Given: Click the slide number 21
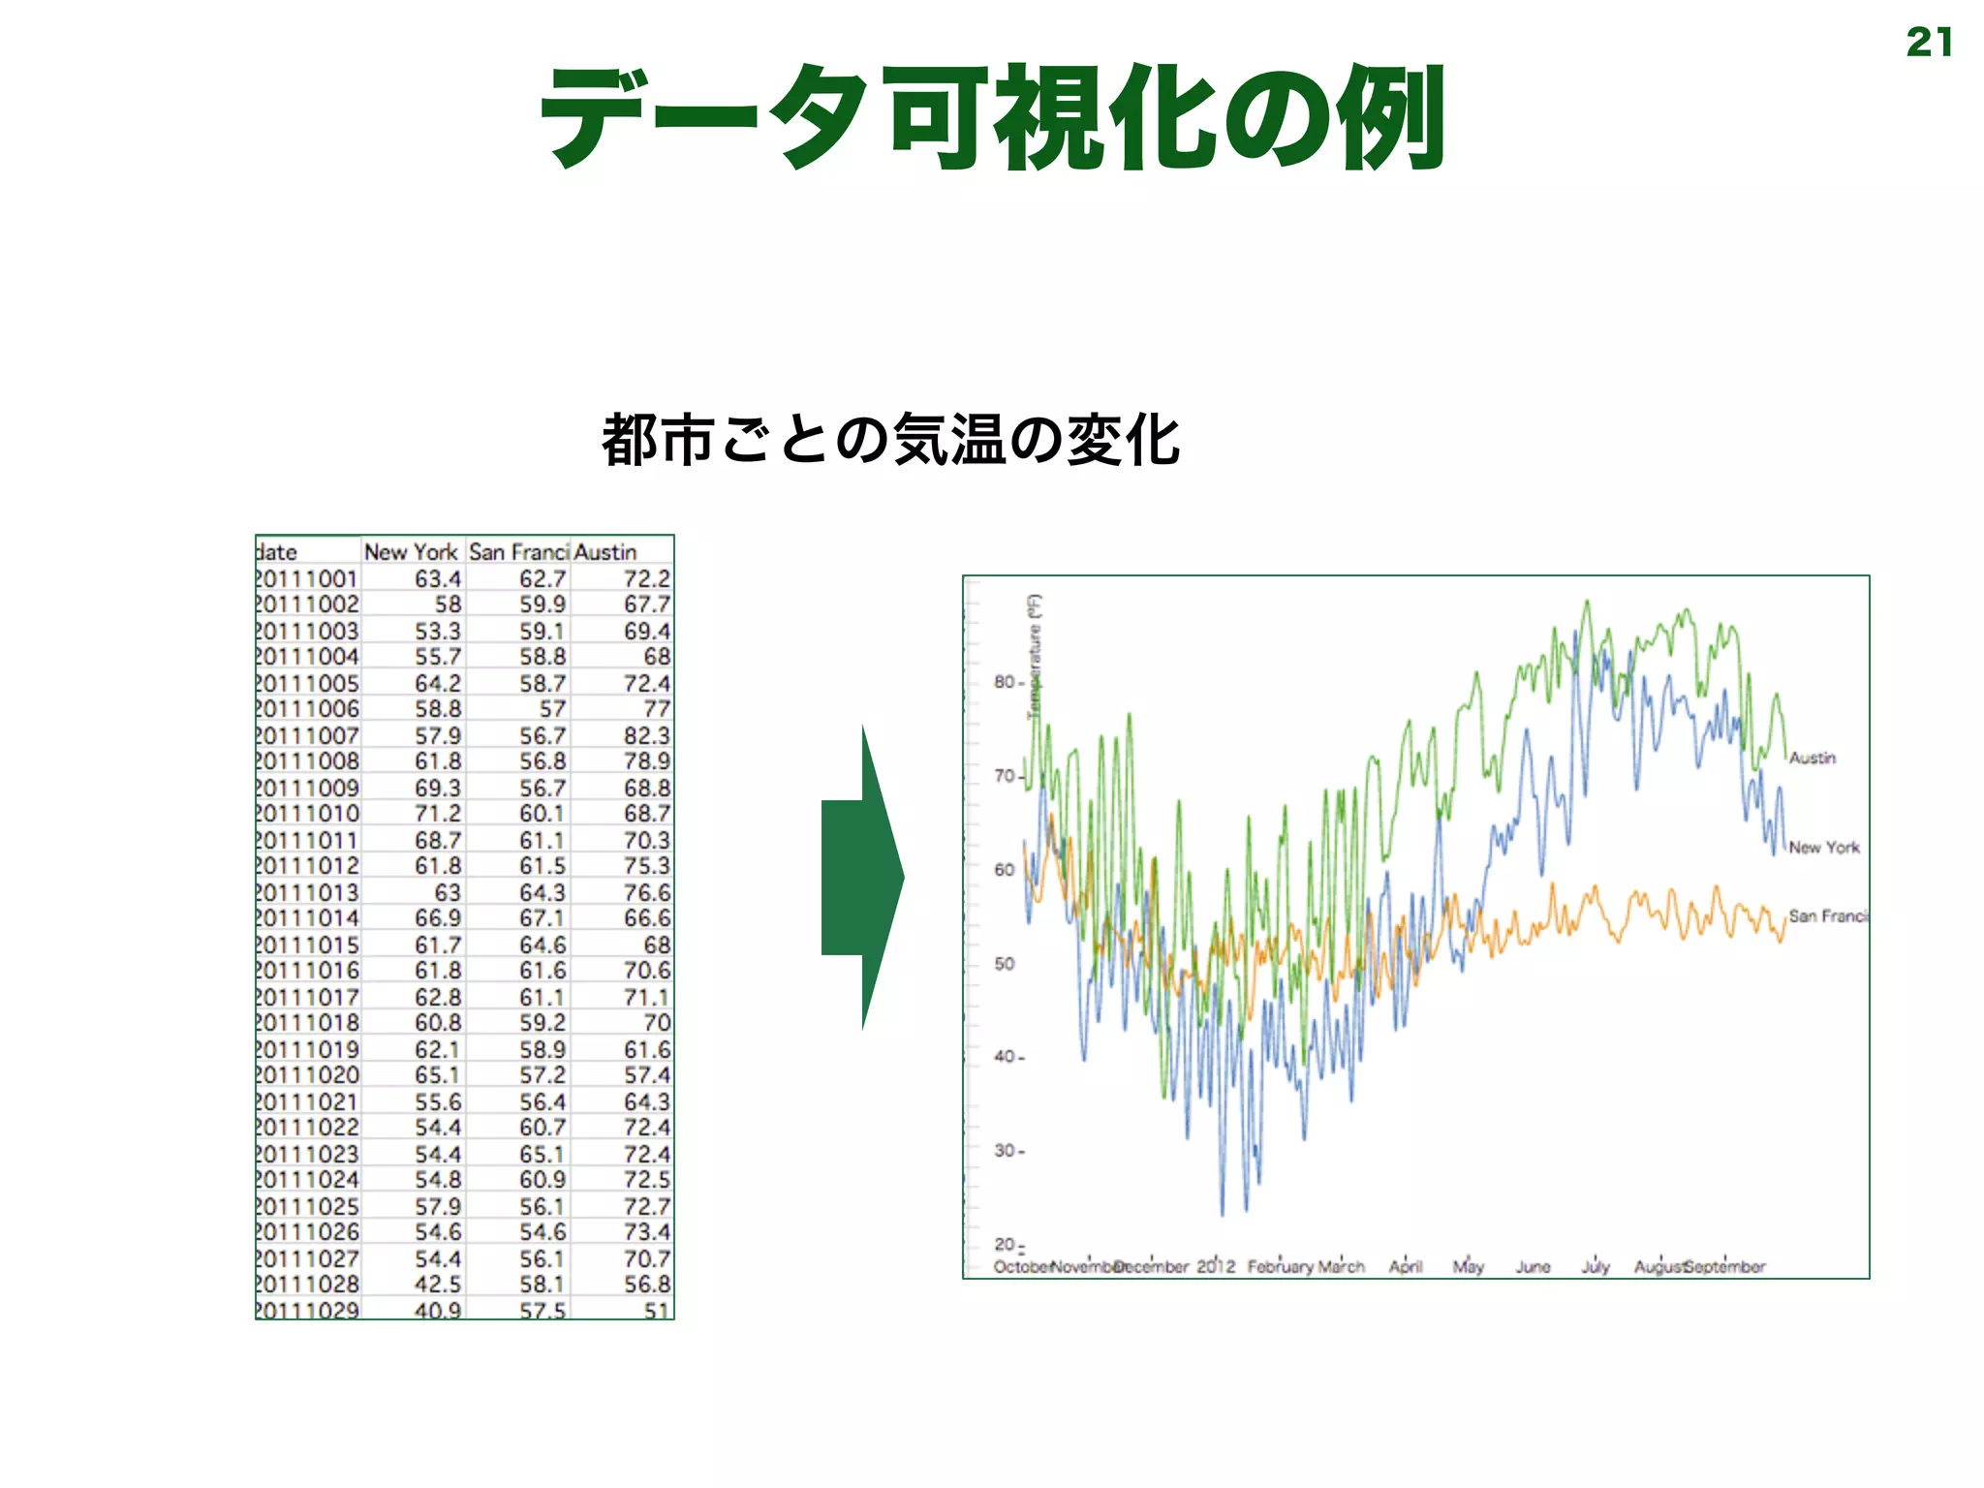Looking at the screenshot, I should point(1928,43).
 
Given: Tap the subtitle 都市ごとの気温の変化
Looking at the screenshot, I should point(890,441).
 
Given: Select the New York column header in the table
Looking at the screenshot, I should point(411,552).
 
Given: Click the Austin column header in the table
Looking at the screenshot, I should point(606,552).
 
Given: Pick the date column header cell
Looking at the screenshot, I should point(278,552).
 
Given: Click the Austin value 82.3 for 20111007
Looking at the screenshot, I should point(646,735).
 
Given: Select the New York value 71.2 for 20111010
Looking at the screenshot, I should point(438,814).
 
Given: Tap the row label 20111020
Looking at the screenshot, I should point(307,1075).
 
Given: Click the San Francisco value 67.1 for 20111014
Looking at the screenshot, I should point(542,918).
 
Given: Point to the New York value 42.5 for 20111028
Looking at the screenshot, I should point(438,1285).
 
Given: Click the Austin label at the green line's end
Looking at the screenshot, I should point(1812,758).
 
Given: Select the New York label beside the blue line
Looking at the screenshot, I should point(1823,848).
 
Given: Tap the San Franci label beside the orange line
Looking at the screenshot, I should point(1827,916).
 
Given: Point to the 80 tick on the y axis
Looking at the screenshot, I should point(1005,682).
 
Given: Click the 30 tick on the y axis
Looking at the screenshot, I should point(1005,1151).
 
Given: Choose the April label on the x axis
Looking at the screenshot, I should point(1405,1267).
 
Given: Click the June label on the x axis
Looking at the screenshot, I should point(1533,1267).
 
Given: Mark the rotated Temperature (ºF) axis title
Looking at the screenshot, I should point(1035,656).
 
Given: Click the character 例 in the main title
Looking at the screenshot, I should point(1391,118).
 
